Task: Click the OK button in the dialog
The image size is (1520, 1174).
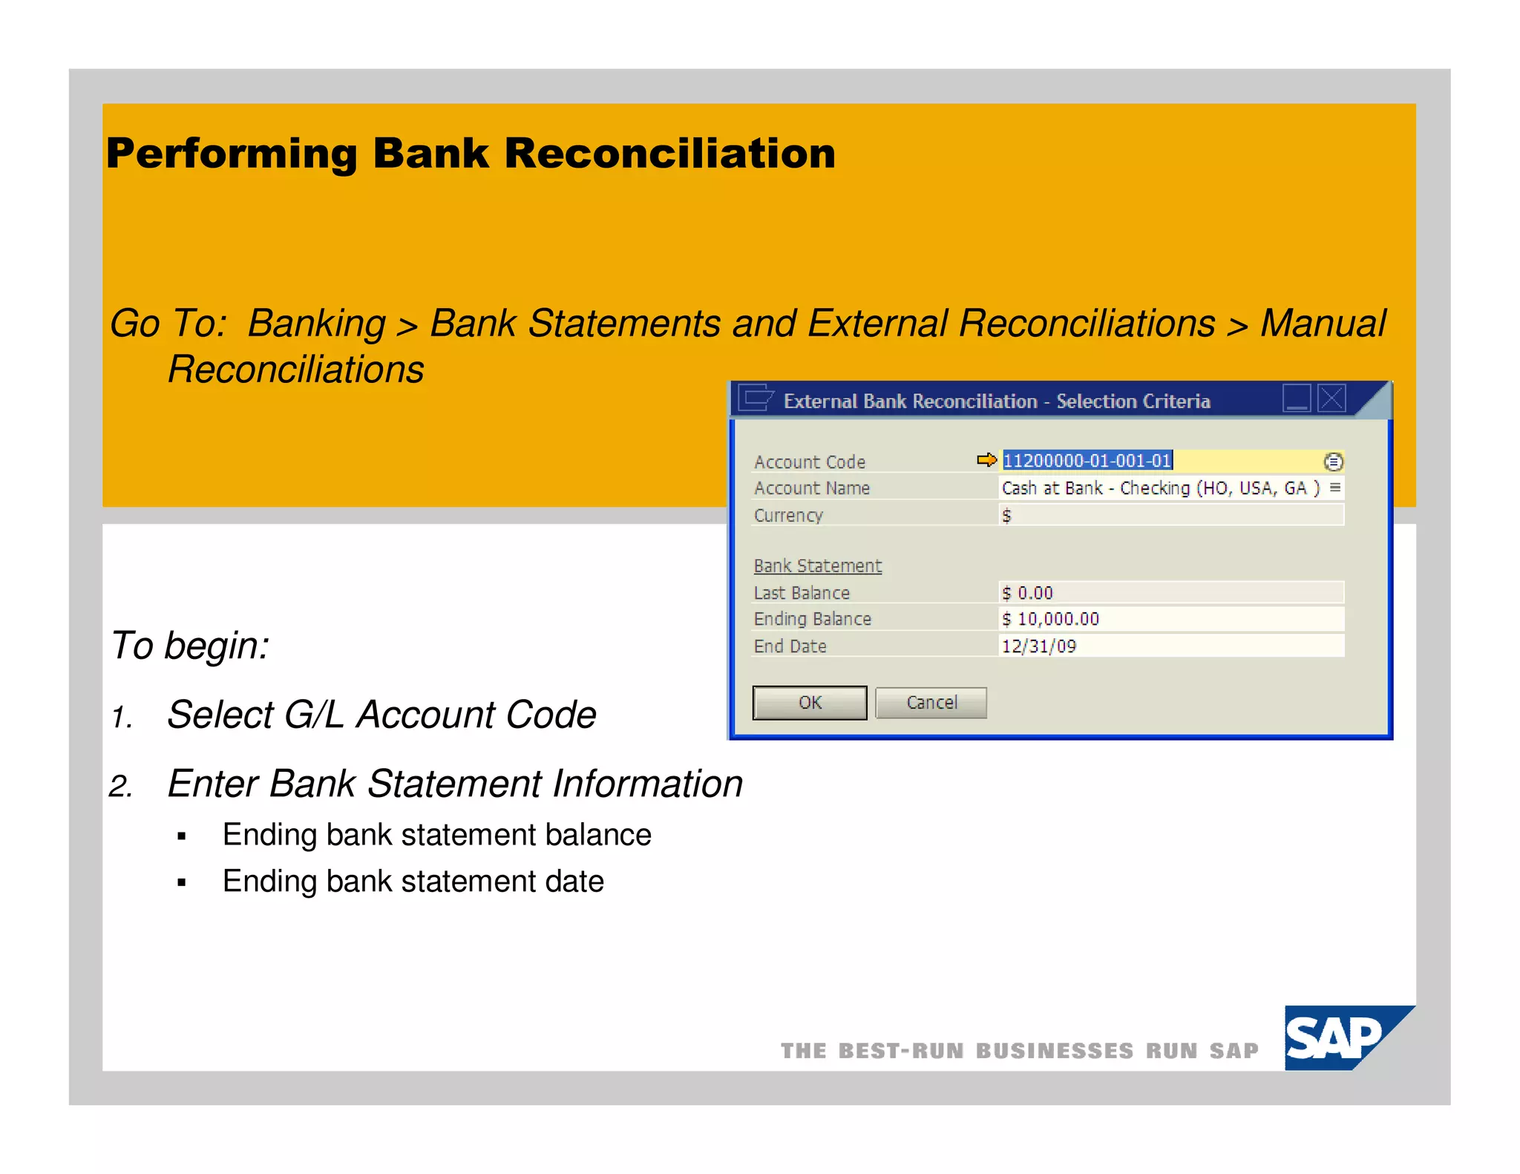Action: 809,702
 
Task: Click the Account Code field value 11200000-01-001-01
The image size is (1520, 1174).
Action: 1087,461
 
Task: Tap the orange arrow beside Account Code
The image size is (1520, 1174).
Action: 986,460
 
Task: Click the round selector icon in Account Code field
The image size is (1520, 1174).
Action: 1333,462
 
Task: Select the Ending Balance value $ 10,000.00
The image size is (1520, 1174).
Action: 1050,619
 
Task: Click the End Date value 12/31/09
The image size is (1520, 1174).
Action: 1038,646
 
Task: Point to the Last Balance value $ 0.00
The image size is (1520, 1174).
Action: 1027,592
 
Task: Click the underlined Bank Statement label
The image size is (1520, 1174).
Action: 817,565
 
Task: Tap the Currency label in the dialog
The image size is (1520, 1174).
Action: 788,515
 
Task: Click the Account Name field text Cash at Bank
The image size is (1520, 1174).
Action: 1052,488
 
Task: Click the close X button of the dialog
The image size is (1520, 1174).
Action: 1331,399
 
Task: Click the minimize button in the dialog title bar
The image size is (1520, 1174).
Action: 1297,399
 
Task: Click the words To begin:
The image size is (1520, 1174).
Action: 190,645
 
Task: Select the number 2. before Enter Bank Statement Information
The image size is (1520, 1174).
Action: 120,786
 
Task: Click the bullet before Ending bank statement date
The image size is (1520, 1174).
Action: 181,882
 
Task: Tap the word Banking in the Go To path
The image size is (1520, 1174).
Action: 317,324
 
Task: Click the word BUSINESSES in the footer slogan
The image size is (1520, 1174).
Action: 1054,1051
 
